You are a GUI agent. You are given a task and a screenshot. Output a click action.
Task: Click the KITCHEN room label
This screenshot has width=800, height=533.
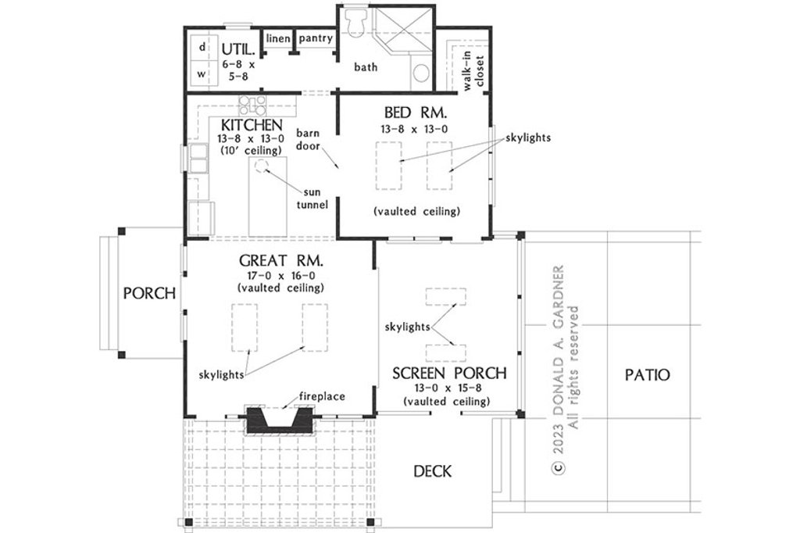pyautogui.click(x=251, y=125)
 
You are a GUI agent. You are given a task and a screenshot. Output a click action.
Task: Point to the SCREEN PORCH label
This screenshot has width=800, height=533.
pyautogui.click(x=449, y=373)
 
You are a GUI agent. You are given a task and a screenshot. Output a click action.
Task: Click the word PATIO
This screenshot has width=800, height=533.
pyautogui.click(x=647, y=374)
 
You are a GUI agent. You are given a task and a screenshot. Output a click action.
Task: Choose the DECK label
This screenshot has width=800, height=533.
pyautogui.click(x=432, y=470)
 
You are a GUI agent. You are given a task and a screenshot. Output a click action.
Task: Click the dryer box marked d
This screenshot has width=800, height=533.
pyautogui.click(x=202, y=48)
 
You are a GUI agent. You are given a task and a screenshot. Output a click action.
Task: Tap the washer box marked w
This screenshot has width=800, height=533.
pyautogui.click(x=202, y=75)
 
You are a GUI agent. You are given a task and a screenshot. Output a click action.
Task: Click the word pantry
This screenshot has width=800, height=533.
pyautogui.click(x=316, y=38)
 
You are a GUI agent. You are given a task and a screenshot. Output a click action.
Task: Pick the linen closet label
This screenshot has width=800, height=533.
pyautogui.click(x=278, y=38)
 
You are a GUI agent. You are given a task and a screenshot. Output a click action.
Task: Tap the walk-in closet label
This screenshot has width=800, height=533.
pyautogui.click(x=474, y=73)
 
